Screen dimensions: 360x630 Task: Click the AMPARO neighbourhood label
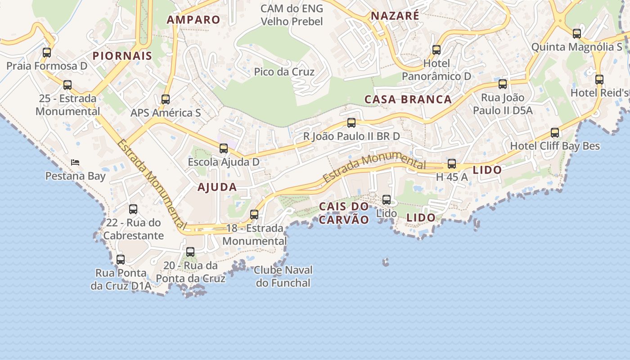[x=193, y=19]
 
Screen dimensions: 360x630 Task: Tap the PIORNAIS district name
[x=122, y=56]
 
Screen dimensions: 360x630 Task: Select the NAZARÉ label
[x=395, y=16]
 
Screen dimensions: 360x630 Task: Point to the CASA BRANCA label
[x=408, y=99]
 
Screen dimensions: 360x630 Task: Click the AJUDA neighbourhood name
[x=217, y=187]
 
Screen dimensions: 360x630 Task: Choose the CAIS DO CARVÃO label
[x=344, y=213]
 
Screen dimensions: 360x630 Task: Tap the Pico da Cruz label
[x=284, y=72]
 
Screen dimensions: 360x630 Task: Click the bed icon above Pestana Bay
[x=75, y=162]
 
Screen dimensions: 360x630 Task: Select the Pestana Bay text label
[x=75, y=176]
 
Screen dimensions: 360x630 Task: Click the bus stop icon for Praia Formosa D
[x=47, y=53]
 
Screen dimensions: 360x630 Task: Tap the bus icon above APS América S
[x=166, y=99]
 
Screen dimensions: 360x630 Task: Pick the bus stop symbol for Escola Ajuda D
[x=223, y=148]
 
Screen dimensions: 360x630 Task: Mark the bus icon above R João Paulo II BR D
[x=351, y=123]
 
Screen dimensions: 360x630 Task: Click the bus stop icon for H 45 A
[x=452, y=164]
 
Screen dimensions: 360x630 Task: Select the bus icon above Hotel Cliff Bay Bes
[x=555, y=133]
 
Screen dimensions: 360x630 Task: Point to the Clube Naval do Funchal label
[x=283, y=276]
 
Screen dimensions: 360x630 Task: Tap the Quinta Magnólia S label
[x=576, y=47]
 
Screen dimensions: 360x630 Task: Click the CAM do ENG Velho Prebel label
[x=292, y=15]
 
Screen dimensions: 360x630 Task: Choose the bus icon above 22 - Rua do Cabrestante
[x=133, y=209]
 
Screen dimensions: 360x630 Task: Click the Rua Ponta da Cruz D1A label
[x=120, y=279]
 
